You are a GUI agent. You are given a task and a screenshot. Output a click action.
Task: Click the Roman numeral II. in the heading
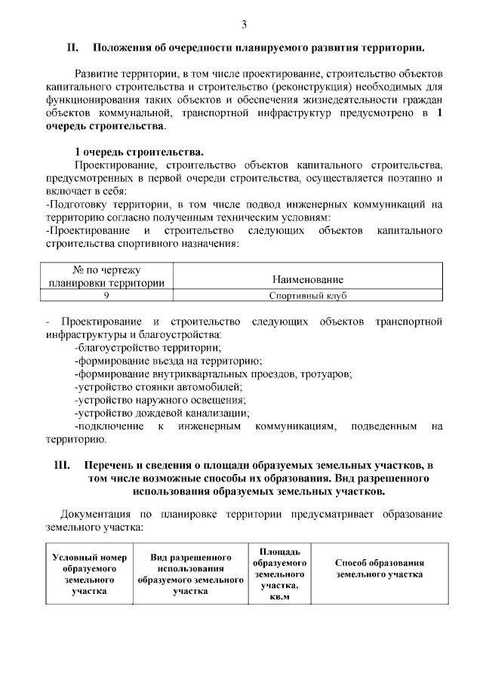(73, 49)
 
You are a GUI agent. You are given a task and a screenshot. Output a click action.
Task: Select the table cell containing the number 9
(106, 296)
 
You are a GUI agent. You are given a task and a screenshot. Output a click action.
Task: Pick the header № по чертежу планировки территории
(106, 275)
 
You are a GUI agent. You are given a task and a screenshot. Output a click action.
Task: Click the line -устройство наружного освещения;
(161, 399)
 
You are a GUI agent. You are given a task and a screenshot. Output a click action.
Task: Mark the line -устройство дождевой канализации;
(162, 413)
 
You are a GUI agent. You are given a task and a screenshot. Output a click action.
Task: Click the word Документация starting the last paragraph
(97, 514)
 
